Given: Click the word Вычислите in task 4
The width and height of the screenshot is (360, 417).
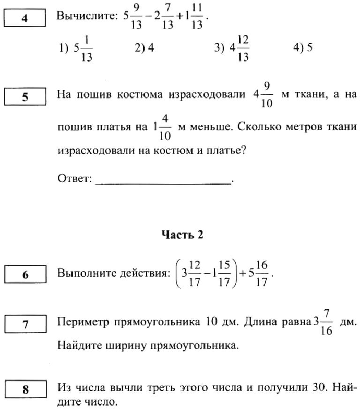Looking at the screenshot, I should pos(86,17).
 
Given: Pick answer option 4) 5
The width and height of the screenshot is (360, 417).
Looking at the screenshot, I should pos(303,48).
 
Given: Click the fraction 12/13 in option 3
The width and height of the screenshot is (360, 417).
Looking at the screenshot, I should pos(243,48).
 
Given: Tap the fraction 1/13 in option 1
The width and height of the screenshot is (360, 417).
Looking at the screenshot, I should pos(87,48).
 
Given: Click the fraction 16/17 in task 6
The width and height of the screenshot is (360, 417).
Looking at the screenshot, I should pos(262,273).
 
